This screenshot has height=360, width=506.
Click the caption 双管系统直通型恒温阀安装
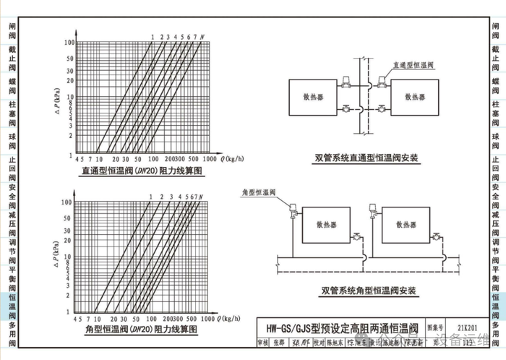[x=366, y=157]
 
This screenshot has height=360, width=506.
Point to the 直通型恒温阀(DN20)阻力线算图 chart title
[x=142, y=171]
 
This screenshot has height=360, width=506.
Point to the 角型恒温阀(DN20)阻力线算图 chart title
[x=142, y=330]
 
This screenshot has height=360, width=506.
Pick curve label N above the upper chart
[x=202, y=35]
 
